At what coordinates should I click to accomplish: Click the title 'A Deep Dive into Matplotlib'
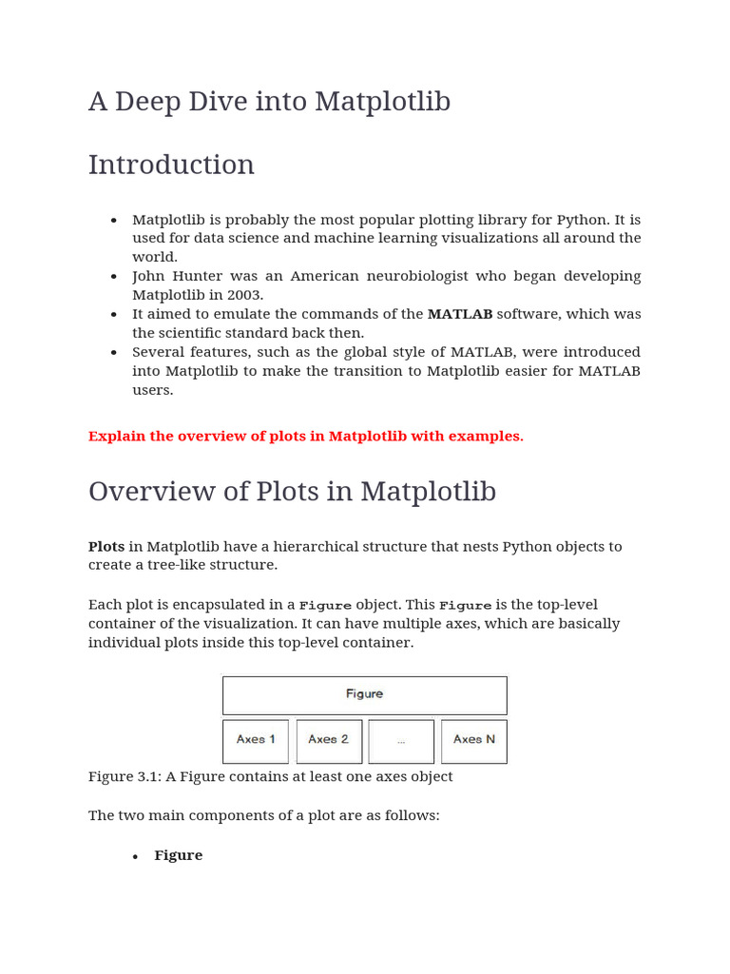coord(269,102)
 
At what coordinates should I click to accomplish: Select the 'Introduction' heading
coord(171,165)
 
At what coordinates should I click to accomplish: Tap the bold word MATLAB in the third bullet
coord(460,314)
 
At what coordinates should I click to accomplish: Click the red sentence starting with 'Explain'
coord(305,437)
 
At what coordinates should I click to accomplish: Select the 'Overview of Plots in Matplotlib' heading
coord(292,492)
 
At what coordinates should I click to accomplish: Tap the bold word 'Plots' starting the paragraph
coord(106,547)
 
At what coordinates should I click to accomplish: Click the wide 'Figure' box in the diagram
coord(364,694)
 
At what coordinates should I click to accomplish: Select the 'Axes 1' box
coord(256,740)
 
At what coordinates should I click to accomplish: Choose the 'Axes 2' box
coord(329,740)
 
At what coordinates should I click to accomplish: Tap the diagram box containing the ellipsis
coord(401,740)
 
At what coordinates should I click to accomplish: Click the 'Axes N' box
coord(474,740)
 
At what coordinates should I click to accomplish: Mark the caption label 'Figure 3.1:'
coord(125,777)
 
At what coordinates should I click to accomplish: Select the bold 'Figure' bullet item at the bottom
coord(179,856)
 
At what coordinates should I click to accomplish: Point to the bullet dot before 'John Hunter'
coord(114,277)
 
